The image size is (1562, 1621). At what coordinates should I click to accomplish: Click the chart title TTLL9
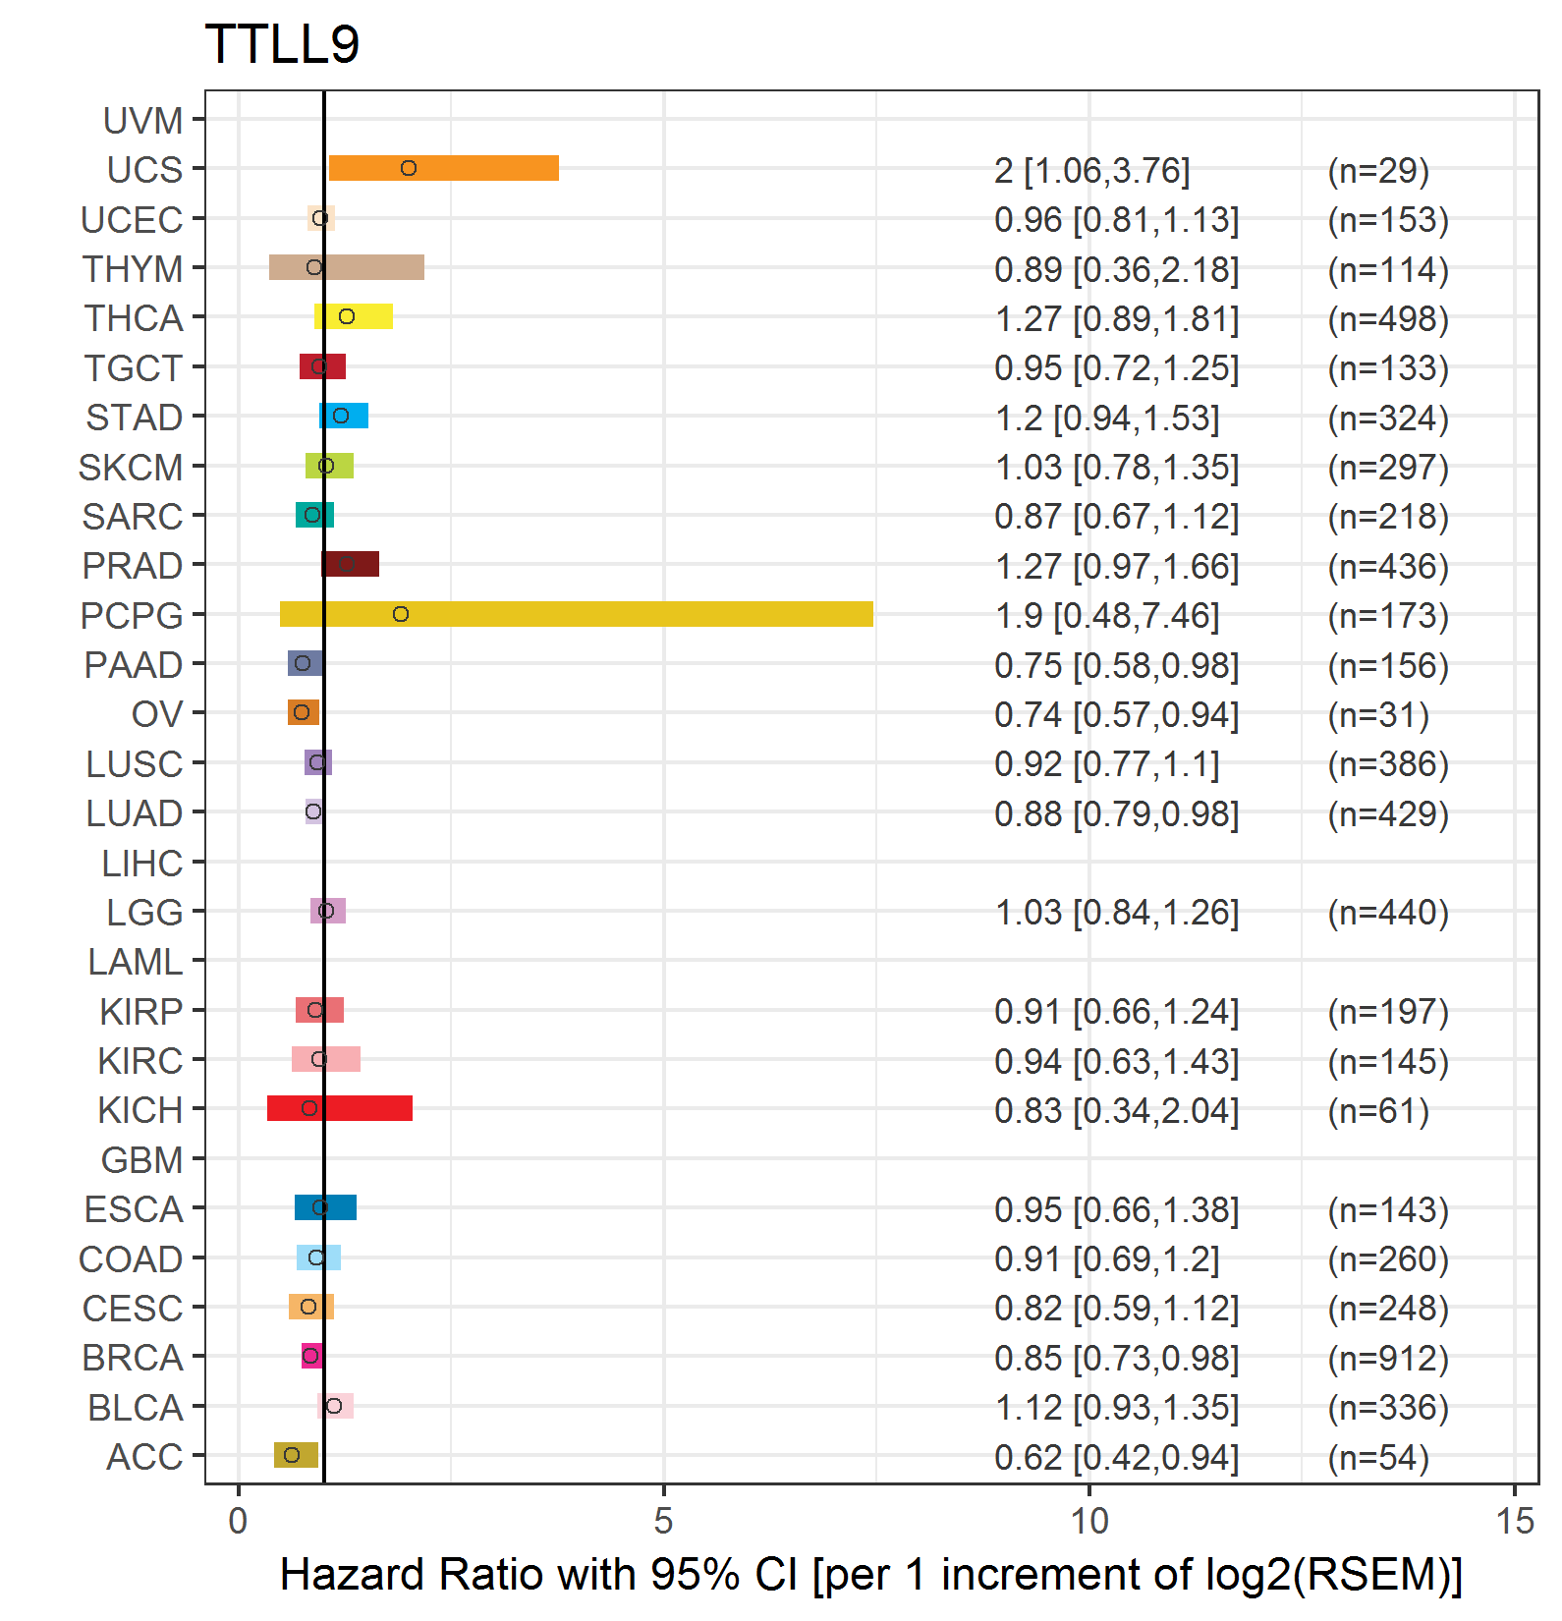click(282, 44)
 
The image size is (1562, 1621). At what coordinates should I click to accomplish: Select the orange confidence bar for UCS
click(444, 168)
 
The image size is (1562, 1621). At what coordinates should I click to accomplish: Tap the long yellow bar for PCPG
click(577, 614)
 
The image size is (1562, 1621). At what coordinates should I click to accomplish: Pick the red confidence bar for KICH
click(340, 1108)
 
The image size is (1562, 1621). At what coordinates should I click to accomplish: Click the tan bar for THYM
click(347, 267)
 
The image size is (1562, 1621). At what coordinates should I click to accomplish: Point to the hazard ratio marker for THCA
click(347, 316)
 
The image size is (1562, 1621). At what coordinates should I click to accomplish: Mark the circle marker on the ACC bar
click(292, 1455)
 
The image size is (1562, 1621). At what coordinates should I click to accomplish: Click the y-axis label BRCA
click(133, 1358)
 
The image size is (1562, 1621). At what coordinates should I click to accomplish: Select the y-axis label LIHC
click(142, 864)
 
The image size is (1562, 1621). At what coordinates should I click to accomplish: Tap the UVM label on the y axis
click(143, 121)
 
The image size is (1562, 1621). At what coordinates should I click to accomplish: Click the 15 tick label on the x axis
click(1515, 1522)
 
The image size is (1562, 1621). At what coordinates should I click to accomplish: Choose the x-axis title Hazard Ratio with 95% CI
click(871, 1574)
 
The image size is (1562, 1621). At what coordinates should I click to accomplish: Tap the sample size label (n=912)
click(1388, 1358)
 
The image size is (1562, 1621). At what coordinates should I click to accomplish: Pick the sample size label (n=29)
click(1378, 170)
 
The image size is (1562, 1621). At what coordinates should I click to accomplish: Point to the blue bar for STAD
click(344, 416)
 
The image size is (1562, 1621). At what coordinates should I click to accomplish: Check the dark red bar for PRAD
click(351, 564)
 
